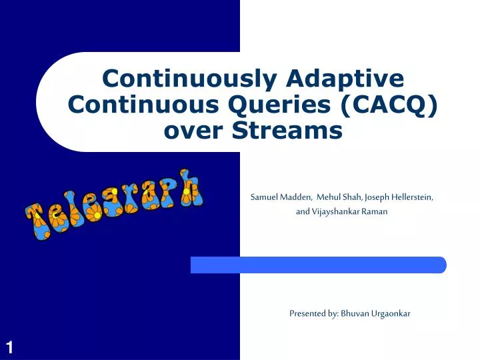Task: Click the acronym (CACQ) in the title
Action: coord(387,105)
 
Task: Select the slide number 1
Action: coord(10,347)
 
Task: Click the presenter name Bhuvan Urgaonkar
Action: coord(375,313)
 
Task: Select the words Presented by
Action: coord(313,313)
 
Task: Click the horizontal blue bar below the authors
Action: coord(318,265)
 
